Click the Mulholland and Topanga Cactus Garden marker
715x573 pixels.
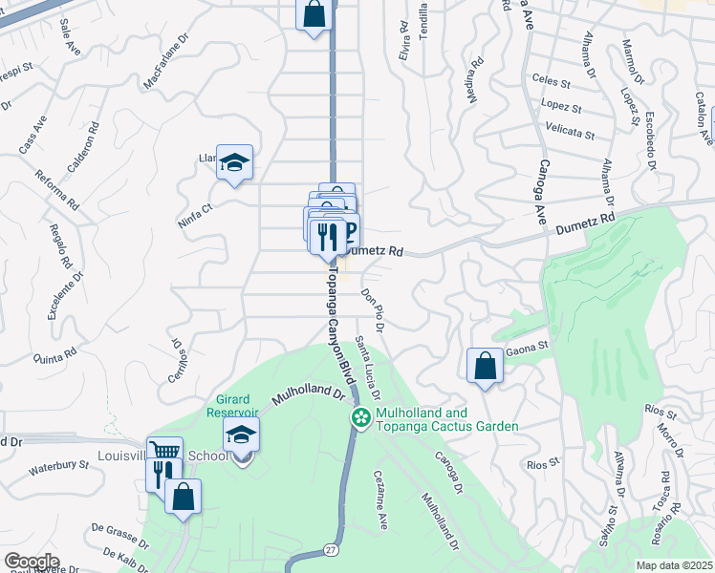(x=361, y=417)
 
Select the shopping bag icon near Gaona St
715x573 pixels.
(x=486, y=366)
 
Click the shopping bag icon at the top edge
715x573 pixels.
(x=314, y=14)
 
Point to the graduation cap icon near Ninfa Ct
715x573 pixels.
(x=234, y=163)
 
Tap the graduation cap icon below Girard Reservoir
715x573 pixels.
(x=242, y=436)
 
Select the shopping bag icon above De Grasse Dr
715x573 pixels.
(x=183, y=498)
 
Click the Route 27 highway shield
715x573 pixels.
(x=331, y=551)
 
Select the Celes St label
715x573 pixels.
(x=551, y=82)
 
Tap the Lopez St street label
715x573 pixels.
(x=561, y=108)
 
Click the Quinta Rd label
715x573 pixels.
(x=54, y=357)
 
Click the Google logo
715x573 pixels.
(x=32, y=562)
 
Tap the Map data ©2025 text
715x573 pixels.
(x=673, y=565)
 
